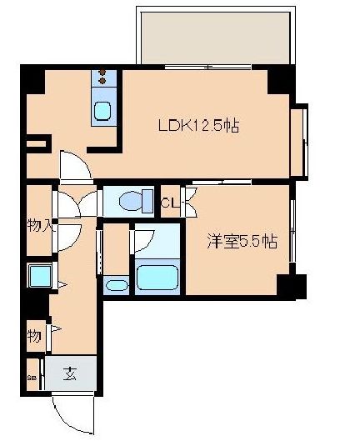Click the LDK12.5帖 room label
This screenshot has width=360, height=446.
point(199,126)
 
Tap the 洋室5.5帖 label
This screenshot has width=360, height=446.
point(242,241)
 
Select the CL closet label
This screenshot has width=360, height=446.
point(169,202)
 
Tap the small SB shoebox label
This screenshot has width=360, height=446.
point(32,377)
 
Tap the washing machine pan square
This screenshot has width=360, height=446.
point(38,275)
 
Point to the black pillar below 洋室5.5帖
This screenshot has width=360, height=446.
point(288,286)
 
